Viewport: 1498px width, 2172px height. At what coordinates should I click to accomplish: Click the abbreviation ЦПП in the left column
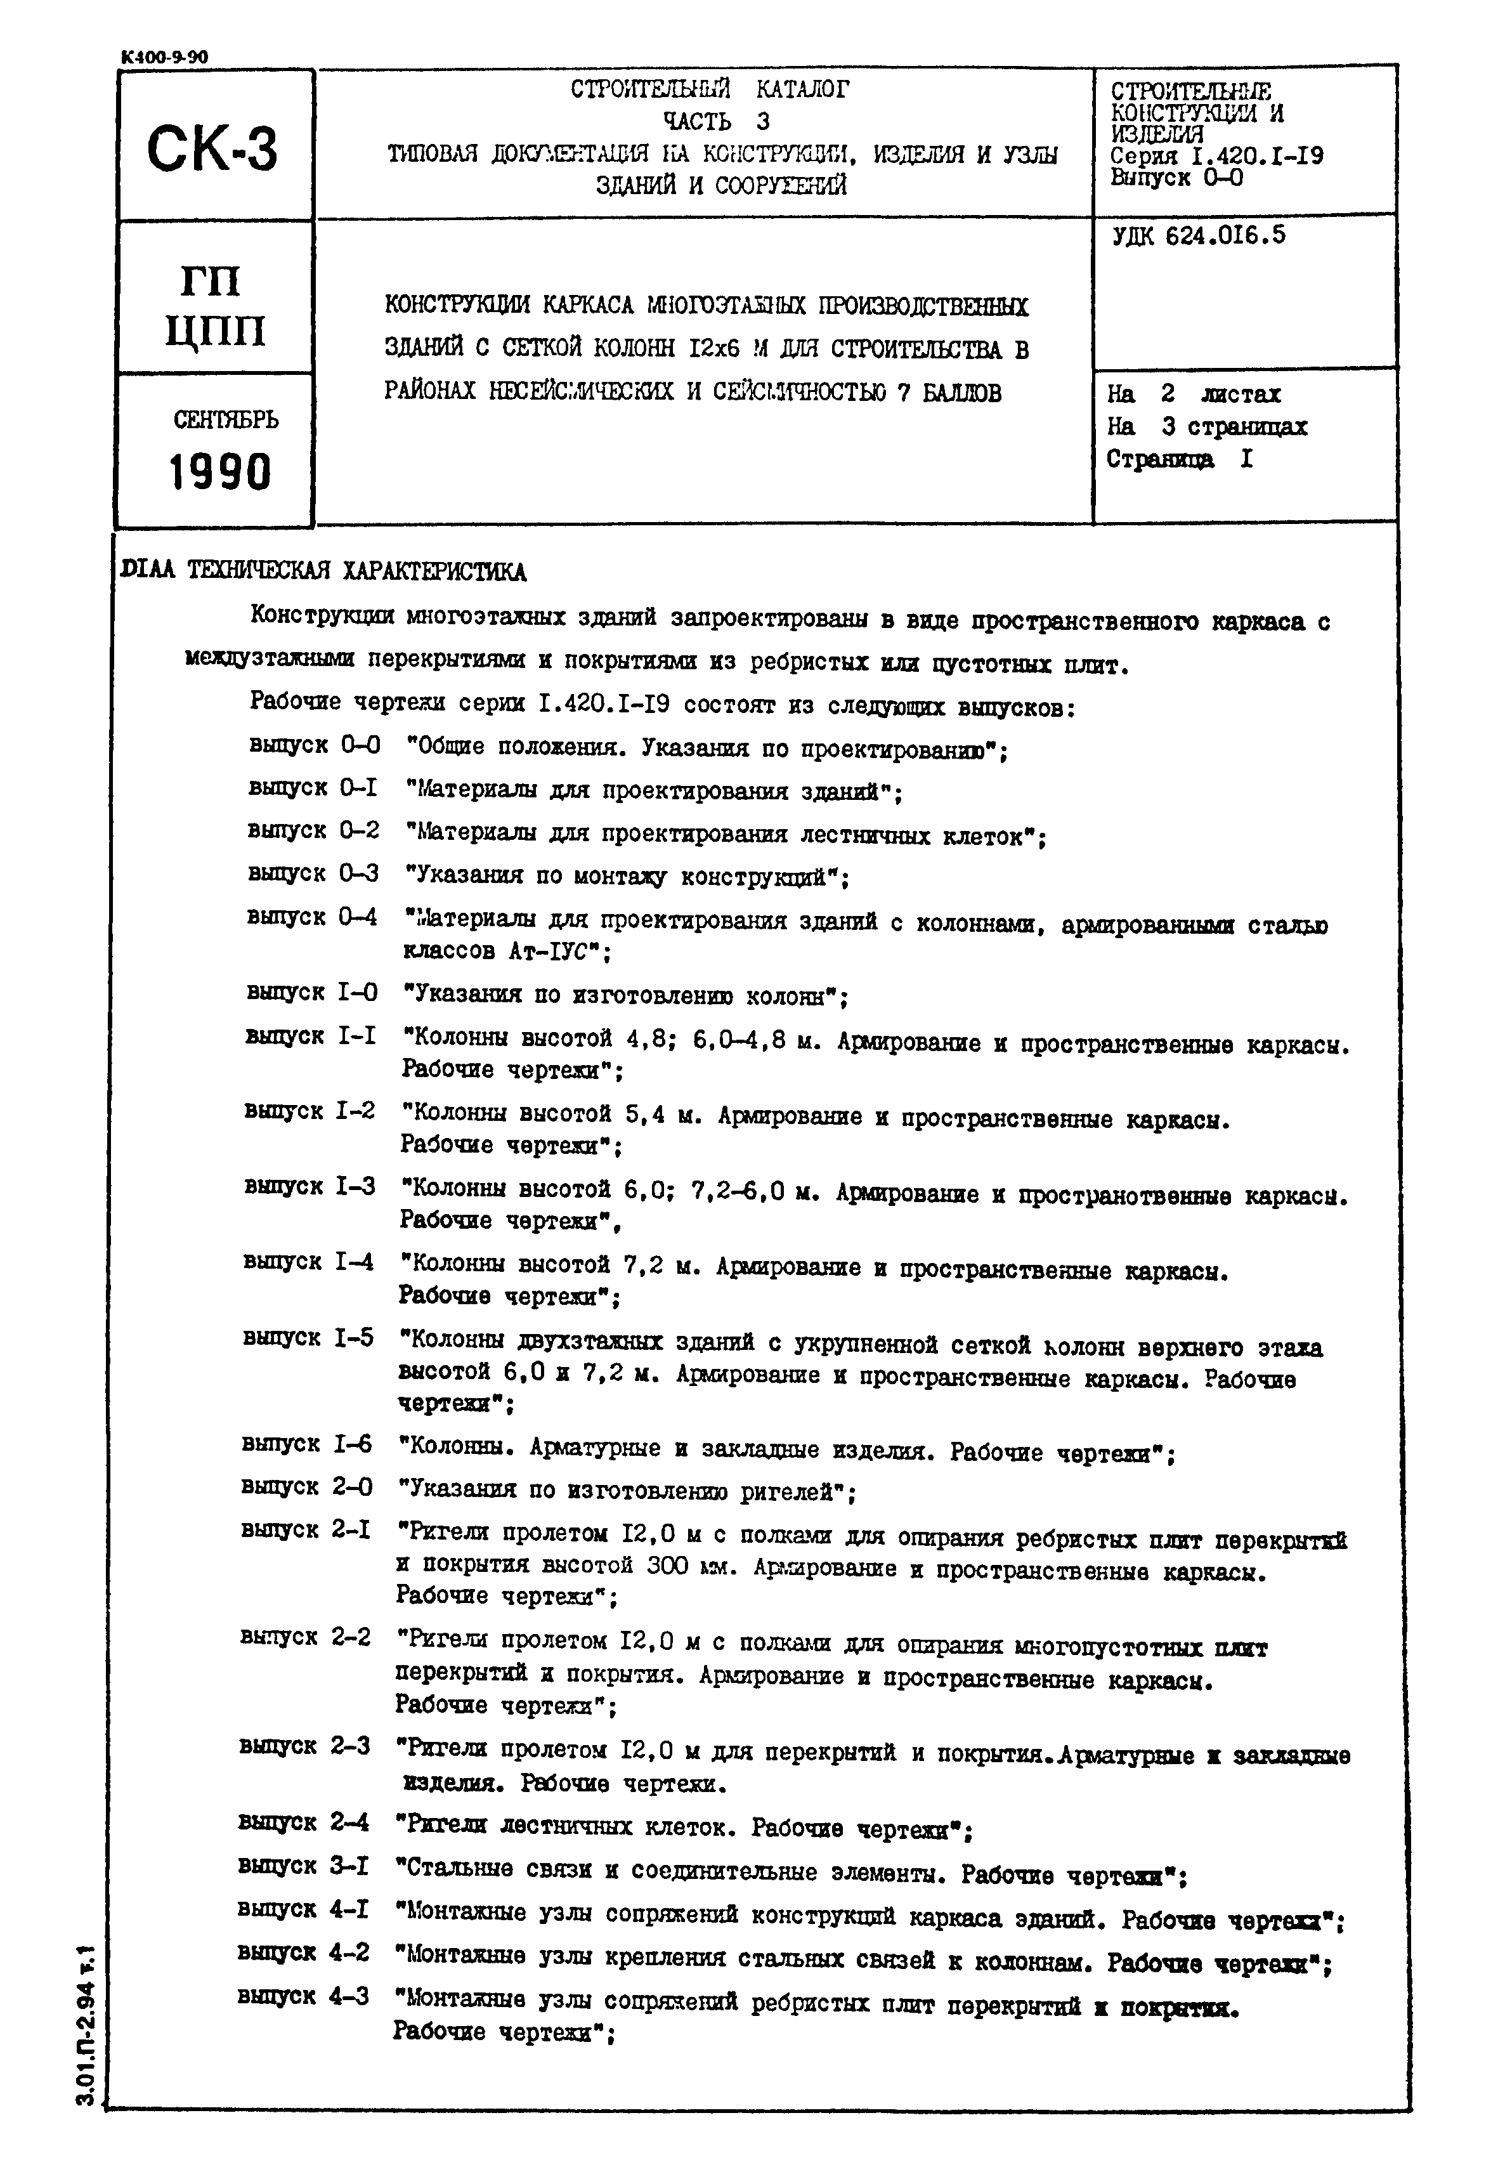(x=215, y=330)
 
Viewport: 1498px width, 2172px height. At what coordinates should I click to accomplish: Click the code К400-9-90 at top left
(x=164, y=57)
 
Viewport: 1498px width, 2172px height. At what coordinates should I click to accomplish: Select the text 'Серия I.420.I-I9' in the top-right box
(x=1216, y=156)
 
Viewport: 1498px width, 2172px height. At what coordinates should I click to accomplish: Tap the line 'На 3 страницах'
(x=1206, y=426)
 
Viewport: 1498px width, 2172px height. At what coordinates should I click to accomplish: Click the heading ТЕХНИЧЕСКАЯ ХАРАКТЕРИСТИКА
(x=356, y=572)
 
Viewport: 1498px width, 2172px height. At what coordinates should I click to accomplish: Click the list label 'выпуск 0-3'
(x=313, y=873)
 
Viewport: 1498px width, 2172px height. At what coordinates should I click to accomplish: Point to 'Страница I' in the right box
(x=1180, y=459)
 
